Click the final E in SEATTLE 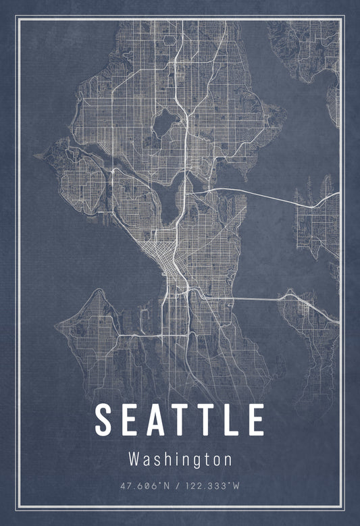[x=256, y=419]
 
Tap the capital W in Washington [x=134, y=460]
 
